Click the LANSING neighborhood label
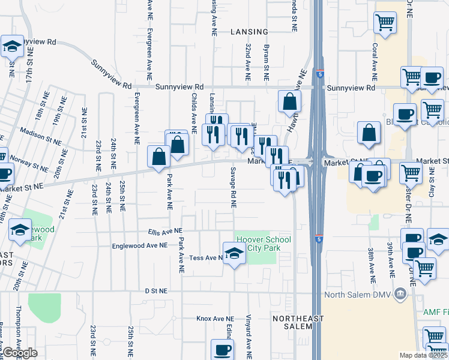pos(249,31)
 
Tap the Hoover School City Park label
pos(264,244)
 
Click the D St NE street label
pos(155,290)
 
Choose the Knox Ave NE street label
pos(215,319)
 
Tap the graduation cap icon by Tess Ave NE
pos(234,254)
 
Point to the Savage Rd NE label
pos(232,187)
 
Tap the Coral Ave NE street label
pos(374,62)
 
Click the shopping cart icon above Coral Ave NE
pos(384,23)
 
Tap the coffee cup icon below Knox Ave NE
pos(222,349)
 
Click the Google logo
pos(20,353)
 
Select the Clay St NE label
pos(431,184)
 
